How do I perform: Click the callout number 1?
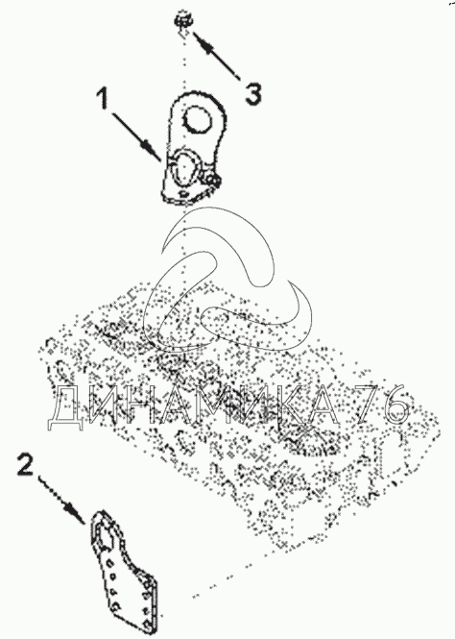pyautogui.click(x=104, y=99)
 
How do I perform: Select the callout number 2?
pyautogui.click(x=26, y=464)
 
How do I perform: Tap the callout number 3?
pyautogui.click(x=253, y=94)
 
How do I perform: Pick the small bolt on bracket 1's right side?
pyautogui.click(x=214, y=180)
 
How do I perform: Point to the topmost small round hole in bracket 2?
pyautogui.click(x=109, y=562)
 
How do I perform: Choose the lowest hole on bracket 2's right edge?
pyautogui.click(x=146, y=611)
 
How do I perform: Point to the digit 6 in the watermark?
pyautogui.click(x=395, y=405)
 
